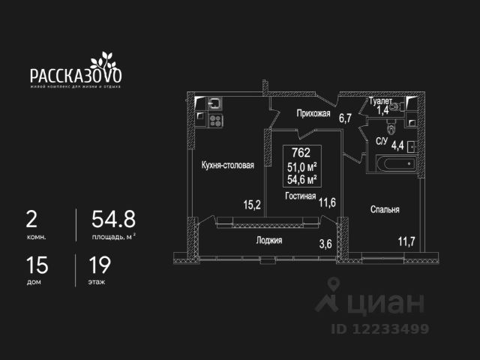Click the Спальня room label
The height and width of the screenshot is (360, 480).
pos(385,210)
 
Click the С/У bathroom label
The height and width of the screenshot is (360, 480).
pos(381,141)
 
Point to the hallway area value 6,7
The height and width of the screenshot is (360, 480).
pos(345,118)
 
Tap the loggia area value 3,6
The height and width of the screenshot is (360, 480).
pos(325,243)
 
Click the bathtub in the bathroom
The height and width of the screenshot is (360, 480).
pos(391,163)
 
